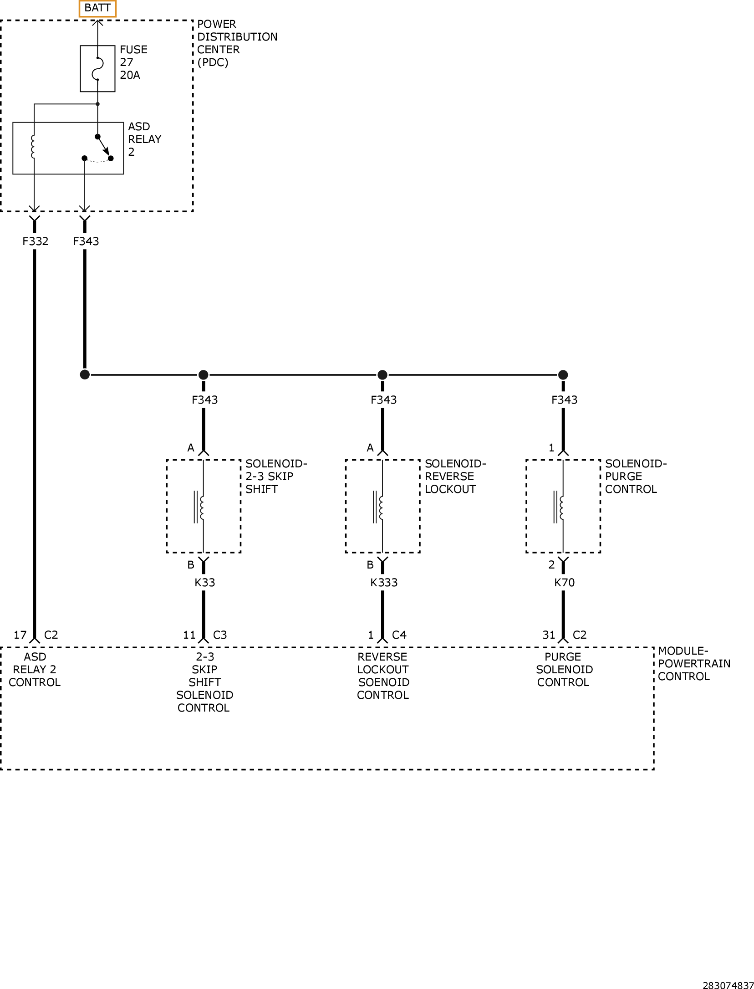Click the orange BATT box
97,8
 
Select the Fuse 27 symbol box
97,69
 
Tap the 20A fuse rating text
130,75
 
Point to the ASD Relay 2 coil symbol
33,147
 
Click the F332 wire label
36,241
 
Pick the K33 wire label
205,582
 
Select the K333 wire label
384,582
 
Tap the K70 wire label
564,582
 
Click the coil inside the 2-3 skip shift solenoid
199,507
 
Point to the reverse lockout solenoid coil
378,507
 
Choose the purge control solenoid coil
559,507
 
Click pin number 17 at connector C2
20,635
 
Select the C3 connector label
220,635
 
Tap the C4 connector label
399,635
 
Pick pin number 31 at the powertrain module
549,635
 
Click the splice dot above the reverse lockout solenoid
382,375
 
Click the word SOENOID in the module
384,682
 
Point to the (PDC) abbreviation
213,62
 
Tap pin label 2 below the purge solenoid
551,565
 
